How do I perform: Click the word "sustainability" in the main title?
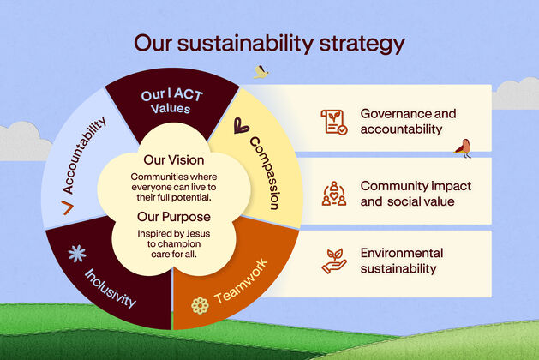coord(245,44)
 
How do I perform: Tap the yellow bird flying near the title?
coord(261,72)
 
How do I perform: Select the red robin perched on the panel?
coord(464,148)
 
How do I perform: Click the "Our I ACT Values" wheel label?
coord(172,101)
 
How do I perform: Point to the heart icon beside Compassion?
coord(241,125)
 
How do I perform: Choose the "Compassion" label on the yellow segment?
coord(265,173)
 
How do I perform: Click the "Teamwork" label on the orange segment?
coord(241,280)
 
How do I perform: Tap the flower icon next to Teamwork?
coord(200,305)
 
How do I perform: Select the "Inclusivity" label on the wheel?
coord(110,288)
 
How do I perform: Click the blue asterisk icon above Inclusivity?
coord(77,254)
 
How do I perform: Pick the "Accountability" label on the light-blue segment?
coord(84,155)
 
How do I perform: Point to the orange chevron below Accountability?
coord(68,207)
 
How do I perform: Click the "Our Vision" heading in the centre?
coord(174,160)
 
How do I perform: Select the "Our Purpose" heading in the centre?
coord(174,217)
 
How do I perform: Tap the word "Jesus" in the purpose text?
coord(198,234)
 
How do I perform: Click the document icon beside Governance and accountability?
coord(334,122)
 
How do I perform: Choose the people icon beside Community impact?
coord(334,194)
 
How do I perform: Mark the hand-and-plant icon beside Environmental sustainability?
coord(334,261)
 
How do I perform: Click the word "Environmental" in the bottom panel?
coord(402,253)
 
